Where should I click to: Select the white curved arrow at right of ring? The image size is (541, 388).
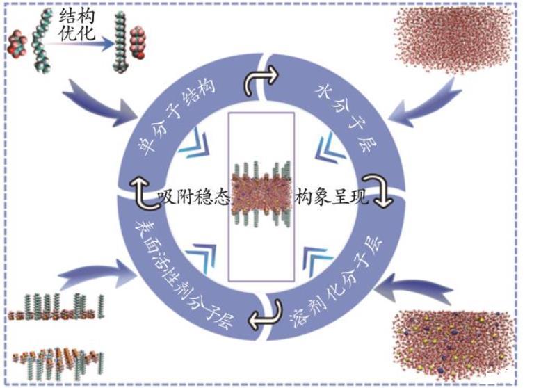pyautogui.click(x=384, y=197)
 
